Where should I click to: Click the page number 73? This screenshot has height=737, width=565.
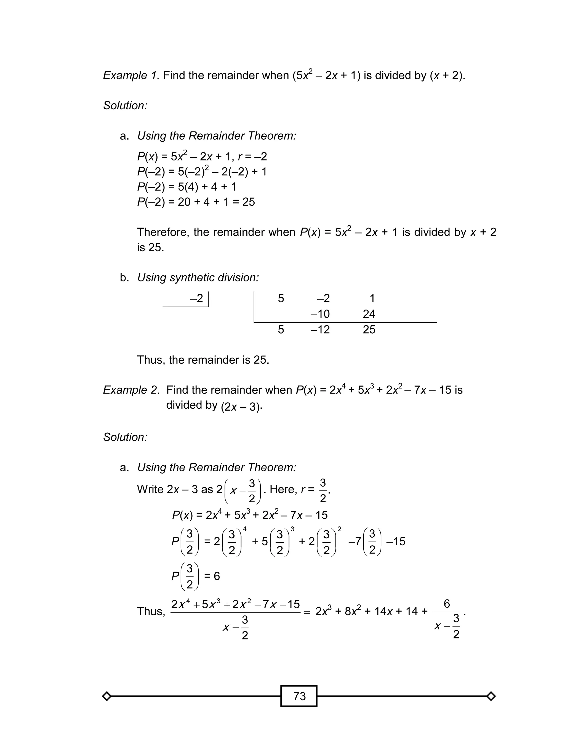(x=299, y=696)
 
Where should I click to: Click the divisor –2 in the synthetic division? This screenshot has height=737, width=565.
(x=197, y=299)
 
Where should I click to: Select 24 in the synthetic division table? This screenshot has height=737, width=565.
(x=369, y=314)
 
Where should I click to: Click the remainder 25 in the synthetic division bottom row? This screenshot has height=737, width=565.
(x=369, y=329)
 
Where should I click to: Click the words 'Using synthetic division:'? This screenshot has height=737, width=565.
(x=198, y=278)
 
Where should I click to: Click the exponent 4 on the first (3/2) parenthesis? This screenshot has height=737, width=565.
(x=244, y=529)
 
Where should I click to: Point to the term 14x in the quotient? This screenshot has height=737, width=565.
(x=383, y=611)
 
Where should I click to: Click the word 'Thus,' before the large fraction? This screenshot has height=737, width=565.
(x=151, y=611)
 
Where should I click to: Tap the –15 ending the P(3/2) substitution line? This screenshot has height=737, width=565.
(x=396, y=541)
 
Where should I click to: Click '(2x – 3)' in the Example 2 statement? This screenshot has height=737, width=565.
(x=241, y=407)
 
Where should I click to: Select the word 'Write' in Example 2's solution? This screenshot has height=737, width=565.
(x=150, y=489)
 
